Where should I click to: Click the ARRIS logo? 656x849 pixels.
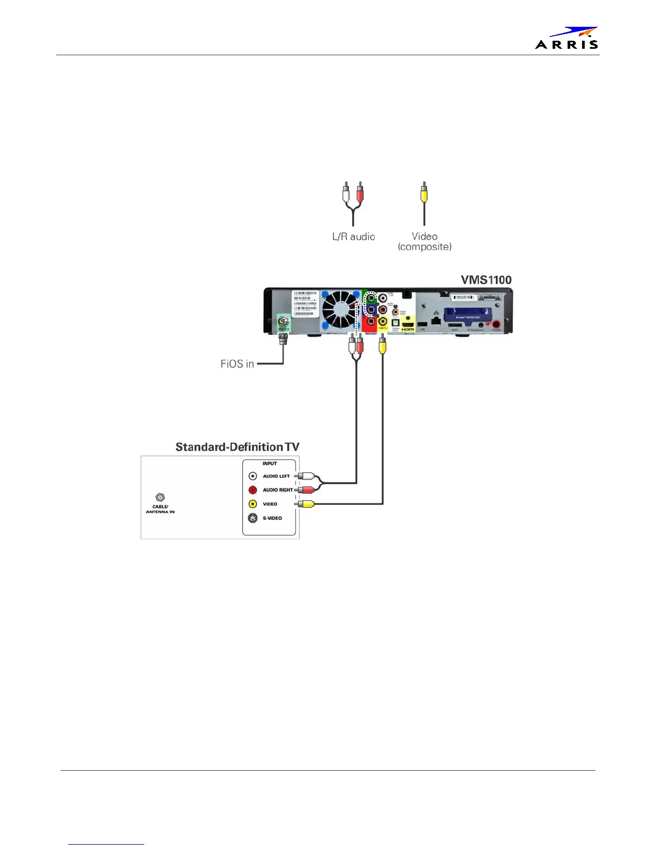pos(566,39)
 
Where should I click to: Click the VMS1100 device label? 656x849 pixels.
pos(486,280)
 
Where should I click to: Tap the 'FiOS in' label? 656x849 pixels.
pos(237,364)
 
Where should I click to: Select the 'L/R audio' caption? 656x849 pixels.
pos(353,236)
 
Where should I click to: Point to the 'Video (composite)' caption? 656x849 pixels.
pos(424,241)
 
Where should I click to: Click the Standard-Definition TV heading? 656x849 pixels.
pos(237,447)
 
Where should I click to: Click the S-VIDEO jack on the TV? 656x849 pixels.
pos(253,518)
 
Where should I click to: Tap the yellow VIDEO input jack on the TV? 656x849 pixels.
pos(253,504)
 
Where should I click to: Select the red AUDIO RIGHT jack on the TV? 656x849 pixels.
pos(253,490)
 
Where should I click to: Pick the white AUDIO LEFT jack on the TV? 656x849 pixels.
pos(253,476)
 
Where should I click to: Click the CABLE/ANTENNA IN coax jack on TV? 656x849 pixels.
pos(160,497)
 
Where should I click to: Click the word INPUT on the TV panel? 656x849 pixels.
pos(270,464)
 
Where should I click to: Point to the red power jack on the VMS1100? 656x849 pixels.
pos(497,323)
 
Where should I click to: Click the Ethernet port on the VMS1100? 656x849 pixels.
pos(436,320)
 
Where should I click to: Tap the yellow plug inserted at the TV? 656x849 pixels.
pos(305,504)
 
